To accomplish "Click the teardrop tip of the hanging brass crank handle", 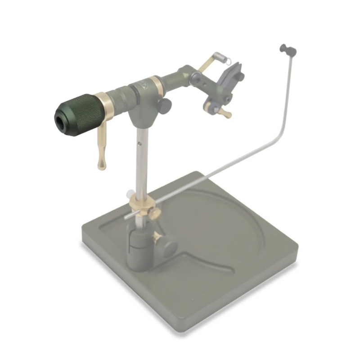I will (101, 166).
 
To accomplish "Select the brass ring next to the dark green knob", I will (107, 107).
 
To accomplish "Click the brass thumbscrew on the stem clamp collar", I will (154, 212).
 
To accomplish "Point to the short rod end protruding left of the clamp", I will (127, 217).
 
